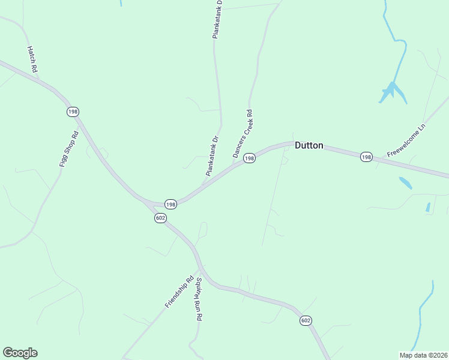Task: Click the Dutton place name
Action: coord(309,145)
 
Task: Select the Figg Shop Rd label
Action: coord(69,149)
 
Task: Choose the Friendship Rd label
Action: coord(179,292)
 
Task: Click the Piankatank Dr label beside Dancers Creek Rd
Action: coord(212,155)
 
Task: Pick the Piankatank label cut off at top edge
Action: coord(217,20)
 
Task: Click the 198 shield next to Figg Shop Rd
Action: coord(73,112)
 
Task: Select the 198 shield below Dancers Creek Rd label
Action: coord(250,158)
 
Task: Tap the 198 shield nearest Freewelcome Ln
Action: coord(366,157)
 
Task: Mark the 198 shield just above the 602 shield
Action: coord(170,205)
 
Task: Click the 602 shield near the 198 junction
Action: coord(160,218)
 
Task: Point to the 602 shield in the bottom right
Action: coord(306,321)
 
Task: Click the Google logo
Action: coord(20,353)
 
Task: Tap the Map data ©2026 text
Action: coord(423,355)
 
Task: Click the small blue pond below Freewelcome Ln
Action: coord(406,183)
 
